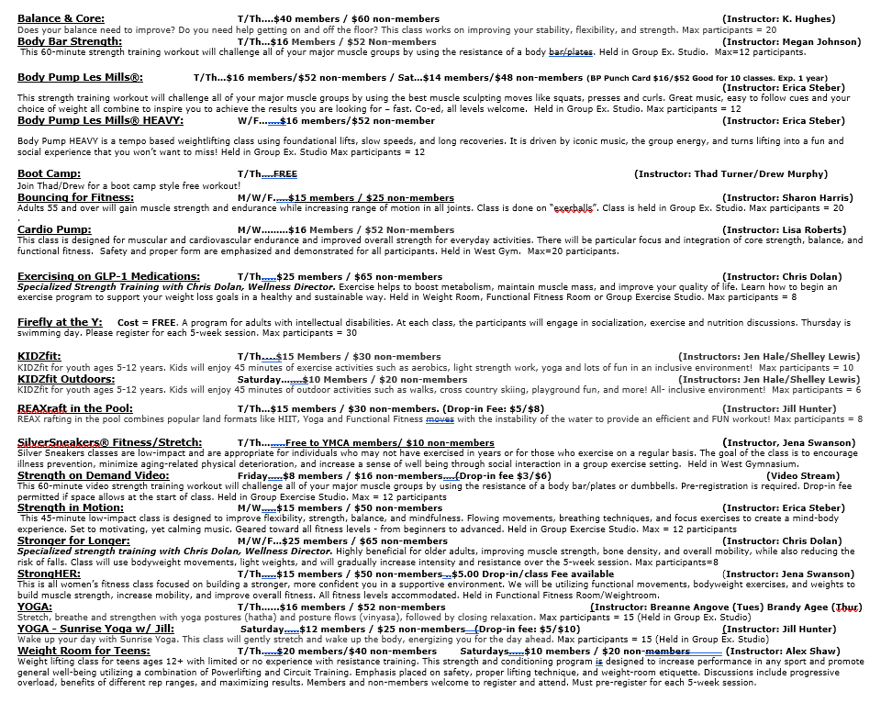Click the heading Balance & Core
tap(61, 18)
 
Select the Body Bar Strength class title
tap(70, 41)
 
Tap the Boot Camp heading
tap(49, 173)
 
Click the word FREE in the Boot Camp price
tap(284, 174)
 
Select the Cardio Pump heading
tap(54, 229)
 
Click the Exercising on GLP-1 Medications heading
tap(108, 276)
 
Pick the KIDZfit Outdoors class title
tap(67, 379)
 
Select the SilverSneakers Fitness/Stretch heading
tap(109, 442)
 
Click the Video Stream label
tap(803, 475)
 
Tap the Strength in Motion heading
tap(70, 507)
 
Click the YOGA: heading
tap(35, 607)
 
